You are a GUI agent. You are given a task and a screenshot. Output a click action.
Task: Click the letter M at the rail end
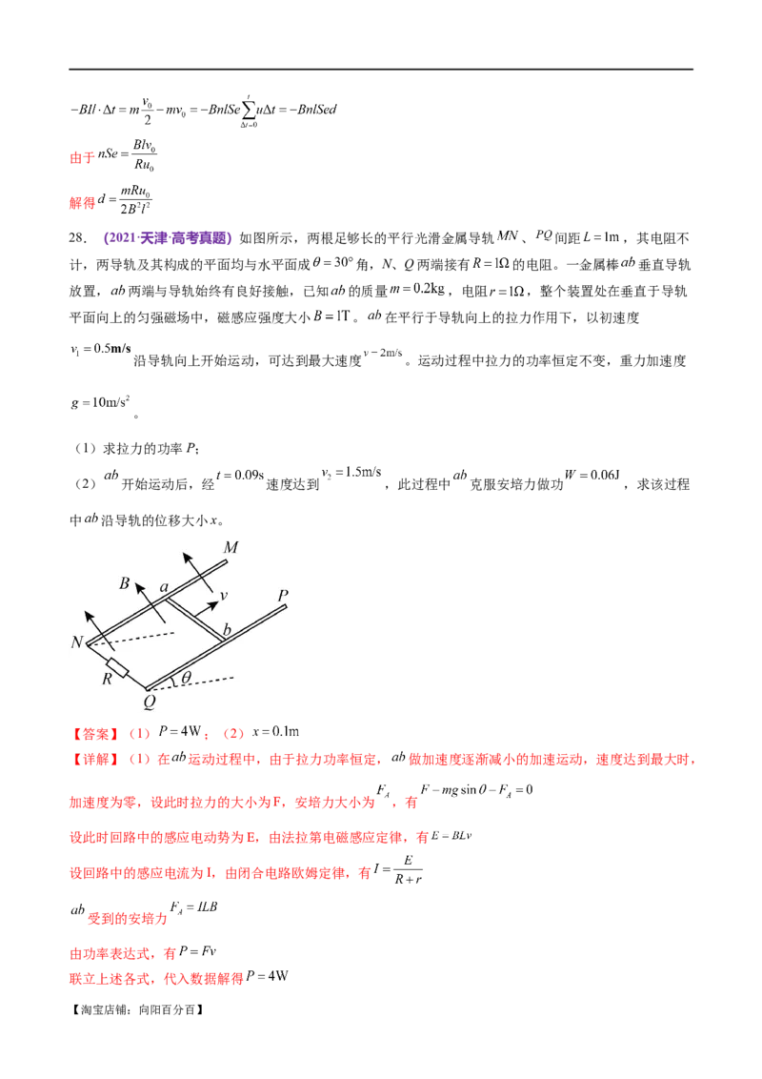[x=230, y=547]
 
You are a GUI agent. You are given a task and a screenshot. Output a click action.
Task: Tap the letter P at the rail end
[x=282, y=597]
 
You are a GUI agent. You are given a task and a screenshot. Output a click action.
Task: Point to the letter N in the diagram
[x=76, y=641]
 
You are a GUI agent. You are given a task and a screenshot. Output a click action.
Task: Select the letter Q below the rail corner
[x=149, y=702]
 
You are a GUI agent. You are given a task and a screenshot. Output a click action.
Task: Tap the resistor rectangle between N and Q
[x=118, y=666]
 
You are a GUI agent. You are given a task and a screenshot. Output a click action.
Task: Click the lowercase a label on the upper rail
[x=164, y=590]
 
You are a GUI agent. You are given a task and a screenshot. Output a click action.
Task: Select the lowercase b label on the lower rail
[x=228, y=631]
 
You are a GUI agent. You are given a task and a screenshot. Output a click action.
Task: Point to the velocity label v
[x=223, y=596]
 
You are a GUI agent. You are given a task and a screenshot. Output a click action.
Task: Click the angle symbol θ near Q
[x=187, y=678]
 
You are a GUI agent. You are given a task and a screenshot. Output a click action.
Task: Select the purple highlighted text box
[x=168, y=240]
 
